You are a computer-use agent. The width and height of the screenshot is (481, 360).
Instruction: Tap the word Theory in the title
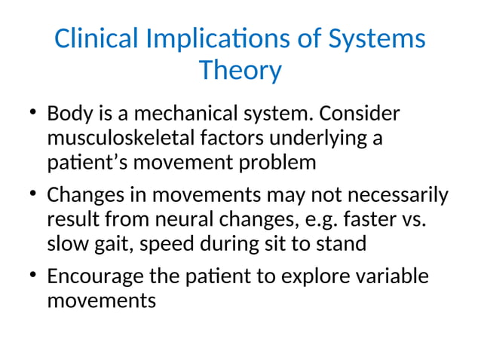click(240, 71)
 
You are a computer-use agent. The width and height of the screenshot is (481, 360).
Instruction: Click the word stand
click(345, 244)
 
